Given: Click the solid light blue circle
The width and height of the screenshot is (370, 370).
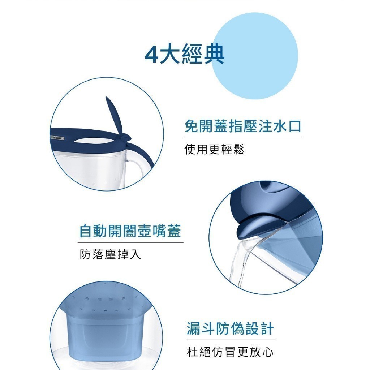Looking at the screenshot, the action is (x=255, y=56).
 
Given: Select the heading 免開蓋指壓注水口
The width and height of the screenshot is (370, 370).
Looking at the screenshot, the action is (x=243, y=126).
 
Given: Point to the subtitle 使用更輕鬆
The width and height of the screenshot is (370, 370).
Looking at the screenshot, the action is (x=214, y=149).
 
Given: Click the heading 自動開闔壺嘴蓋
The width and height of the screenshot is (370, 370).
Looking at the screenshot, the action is (x=130, y=231).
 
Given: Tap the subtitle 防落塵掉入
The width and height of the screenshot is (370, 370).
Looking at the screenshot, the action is (x=110, y=254).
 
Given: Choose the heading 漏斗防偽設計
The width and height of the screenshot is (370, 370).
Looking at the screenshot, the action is (x=230, y=328).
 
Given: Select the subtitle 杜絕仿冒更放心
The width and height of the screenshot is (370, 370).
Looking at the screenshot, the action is (x=230, y=352).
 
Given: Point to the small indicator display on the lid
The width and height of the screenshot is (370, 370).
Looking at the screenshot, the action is (x=57, y=138).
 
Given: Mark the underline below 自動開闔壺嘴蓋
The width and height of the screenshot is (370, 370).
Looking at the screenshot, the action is (x=130, y=242).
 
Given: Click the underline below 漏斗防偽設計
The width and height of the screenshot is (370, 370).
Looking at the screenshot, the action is (x=231, y=340).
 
